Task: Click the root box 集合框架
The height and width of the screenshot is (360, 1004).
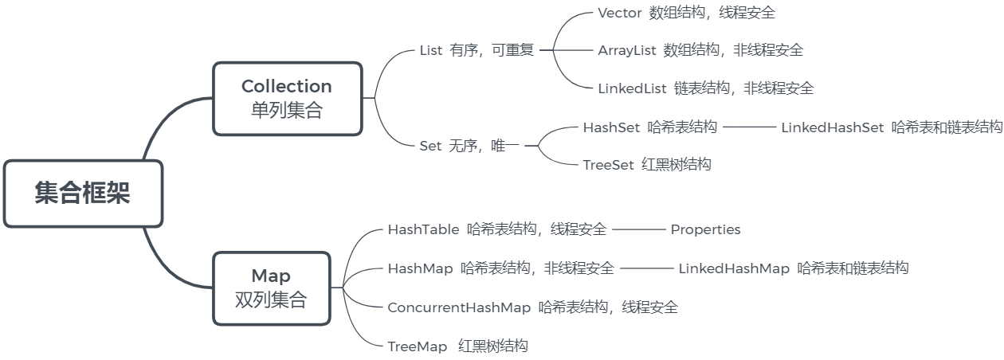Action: tap(83, 194)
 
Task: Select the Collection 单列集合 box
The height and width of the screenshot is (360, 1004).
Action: tap(287, 98)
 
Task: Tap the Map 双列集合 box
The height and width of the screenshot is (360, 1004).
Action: tap(271, 288)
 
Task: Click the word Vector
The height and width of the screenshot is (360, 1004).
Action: tap(619, 13)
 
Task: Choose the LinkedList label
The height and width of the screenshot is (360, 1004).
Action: tap(632, 88)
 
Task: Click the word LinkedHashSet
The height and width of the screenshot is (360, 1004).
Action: tap(832, 127)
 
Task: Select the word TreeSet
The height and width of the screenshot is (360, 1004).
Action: tap(609, 165)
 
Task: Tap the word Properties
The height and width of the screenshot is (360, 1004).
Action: tap(705, 230)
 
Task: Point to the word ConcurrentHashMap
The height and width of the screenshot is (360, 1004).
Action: tap(459, 307)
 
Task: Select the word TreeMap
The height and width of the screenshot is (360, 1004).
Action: tap(418, 346)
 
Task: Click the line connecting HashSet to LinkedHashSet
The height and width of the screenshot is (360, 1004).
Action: tap(749, 127)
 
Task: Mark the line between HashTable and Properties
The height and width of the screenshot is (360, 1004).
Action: tap(638, 229)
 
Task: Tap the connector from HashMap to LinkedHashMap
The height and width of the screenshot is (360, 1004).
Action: tap(646, 268)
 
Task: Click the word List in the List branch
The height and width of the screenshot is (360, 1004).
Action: tap(430, 51)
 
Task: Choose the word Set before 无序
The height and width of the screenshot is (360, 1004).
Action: tap(429, 146)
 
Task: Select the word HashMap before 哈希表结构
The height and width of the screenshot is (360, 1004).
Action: tap(420, 268)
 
